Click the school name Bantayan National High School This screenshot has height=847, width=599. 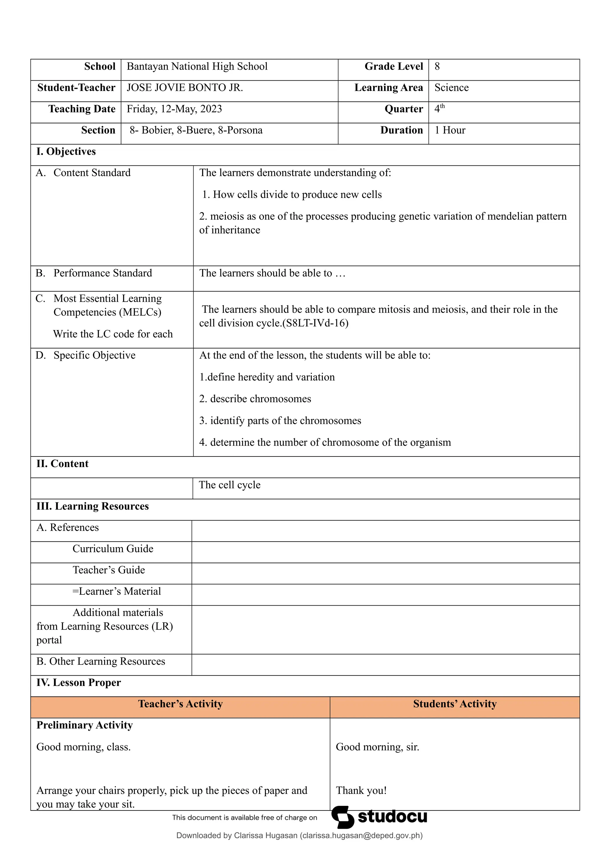[x=197, y=66]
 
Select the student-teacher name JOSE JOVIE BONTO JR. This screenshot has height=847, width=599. [x=185, y=88]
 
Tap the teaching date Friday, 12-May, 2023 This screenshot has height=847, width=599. [x=174, y=109]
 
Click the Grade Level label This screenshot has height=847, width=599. [x=393, y=66]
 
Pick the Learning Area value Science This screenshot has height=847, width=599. [x=451, y=88]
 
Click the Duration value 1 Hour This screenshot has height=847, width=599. [x=450, y=130]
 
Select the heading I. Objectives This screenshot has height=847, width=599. [x=66, y=152]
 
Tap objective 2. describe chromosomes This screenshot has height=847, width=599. [x=255, y=399]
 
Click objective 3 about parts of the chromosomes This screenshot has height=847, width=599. [x=280, y=421]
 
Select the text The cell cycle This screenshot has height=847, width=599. [x=230, y=485]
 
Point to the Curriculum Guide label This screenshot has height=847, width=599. [x=113, y=549]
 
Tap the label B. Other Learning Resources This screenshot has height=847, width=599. [x=100, y=661]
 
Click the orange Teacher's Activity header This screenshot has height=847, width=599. [x=180, y=704]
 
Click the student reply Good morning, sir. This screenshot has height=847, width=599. [x=377, y=747]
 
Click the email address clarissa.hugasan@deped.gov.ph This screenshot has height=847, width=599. [x=361, y=836]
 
